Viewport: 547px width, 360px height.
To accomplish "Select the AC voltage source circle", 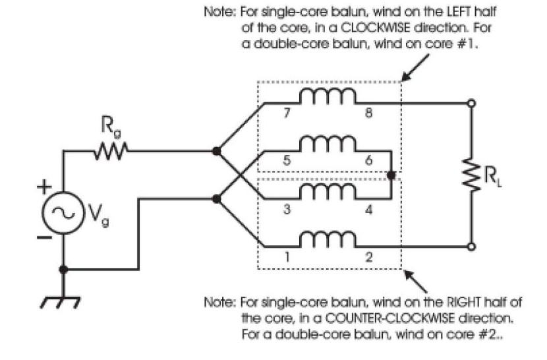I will click(63, 212).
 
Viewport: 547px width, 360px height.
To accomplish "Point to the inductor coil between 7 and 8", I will click(328, 97).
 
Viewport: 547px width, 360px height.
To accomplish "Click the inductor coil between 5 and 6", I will click(328, 144).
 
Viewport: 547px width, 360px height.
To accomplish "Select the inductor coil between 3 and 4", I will click(328, 191).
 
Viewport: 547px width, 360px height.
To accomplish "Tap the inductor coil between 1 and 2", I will click(328, 239).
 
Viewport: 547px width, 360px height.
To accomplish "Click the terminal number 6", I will click(369, 160).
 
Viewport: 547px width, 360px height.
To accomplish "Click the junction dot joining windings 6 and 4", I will click(391, 175).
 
